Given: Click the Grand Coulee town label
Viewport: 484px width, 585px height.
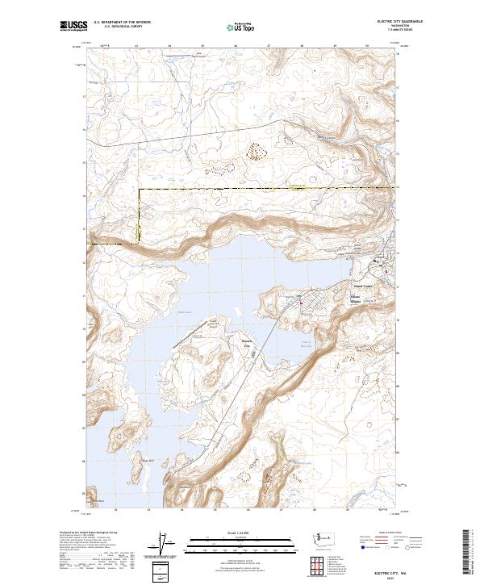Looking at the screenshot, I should click(x=365, y=284).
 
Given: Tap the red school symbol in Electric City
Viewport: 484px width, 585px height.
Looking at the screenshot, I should click(x=301, y=303).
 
